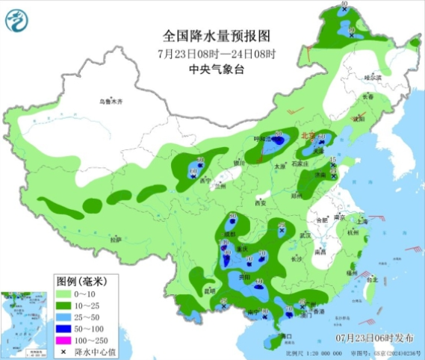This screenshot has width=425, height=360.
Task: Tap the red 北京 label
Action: pos(307,135)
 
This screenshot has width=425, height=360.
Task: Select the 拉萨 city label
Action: pos(114,240)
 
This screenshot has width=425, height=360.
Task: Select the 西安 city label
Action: pos(261,202)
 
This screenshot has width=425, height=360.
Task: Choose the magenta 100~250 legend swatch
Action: pos(65,340)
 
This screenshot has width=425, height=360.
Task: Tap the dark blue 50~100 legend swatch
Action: pos(65,329)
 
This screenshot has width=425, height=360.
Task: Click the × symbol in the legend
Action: pos(65,351)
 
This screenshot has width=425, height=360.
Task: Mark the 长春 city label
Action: pos(367,96)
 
